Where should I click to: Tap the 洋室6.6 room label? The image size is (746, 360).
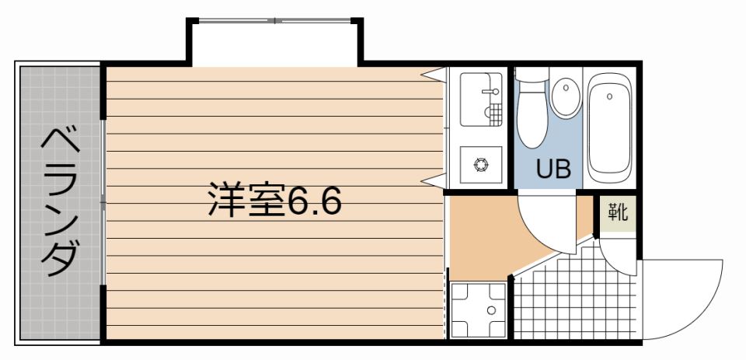[275, 200]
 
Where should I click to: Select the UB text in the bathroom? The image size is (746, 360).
[553, 168]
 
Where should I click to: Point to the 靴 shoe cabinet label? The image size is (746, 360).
[618, 212]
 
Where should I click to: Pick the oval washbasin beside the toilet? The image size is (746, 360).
[566, 98]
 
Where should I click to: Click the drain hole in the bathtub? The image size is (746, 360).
[609, 96]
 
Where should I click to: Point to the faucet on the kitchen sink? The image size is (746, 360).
[490, 90]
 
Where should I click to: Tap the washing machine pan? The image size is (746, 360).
[478, 310]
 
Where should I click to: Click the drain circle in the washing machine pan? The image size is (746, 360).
[491, 310]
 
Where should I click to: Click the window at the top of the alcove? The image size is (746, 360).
[275, 20]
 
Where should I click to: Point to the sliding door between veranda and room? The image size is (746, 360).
[103, 202]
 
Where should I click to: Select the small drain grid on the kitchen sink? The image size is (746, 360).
[496, 115]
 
